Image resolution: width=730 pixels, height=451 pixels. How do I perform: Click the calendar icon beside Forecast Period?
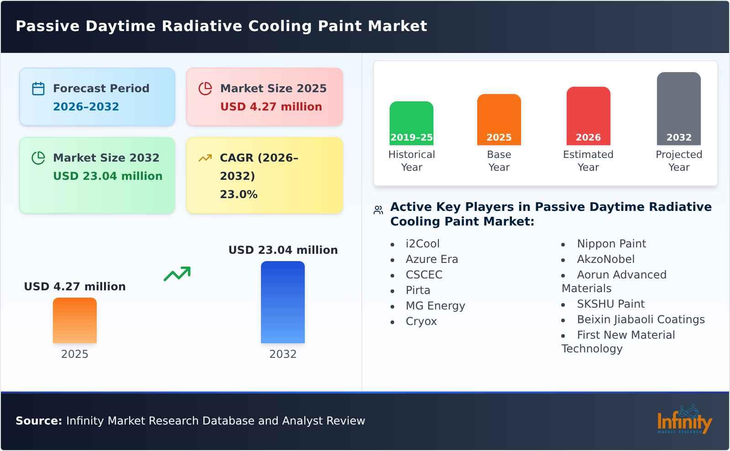pyautogui.click(x=38, y=89)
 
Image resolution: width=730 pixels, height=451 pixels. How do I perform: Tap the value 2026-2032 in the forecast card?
pyautogui.click(x=86, y=107)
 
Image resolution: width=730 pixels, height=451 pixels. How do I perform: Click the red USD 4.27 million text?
pyautogui.click(x=271, y=107)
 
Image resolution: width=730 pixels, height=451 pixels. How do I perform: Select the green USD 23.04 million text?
pyautogui.click(x=108, y=176)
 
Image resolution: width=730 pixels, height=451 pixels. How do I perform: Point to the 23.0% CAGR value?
pyautogui.click(x=239, y=194)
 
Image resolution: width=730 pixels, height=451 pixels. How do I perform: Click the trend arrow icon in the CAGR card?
pyautogui.click(x=205, y=158)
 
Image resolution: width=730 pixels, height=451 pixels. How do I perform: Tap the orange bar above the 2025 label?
pyautogui.click(x=75, y=320)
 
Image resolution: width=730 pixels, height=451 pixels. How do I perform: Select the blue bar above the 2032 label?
pyautogui.click(x=282, y=302)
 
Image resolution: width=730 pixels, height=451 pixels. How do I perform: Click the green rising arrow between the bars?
pyautogui.click(x=177, y=274)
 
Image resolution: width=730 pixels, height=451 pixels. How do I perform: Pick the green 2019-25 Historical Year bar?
pyautogui.click(x=411, y=123)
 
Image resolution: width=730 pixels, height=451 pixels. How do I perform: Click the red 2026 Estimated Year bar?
pyautogui.click(x=588, y=115)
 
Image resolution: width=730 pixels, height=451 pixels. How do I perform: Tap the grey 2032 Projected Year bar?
pyautogui.click(x=678, y=108)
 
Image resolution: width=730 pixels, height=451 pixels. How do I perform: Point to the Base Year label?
pyautogui.click(x=499, y=161)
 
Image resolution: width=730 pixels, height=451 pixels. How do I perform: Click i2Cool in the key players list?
pyautogui.click(x=422, y=244)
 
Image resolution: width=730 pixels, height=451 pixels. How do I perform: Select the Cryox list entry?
pyautogui.click(x=421, y=321)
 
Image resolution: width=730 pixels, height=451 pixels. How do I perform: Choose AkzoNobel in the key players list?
pyautogui.click(x=605, y=259)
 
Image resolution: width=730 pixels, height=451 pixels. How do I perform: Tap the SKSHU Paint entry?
pyautogui.click(x=610, y=304)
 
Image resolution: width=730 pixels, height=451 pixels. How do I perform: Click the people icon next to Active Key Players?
pyautogui.click(x=378, y=210)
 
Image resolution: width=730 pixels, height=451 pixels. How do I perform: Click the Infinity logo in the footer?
pyautogui.click(x=683, y=420)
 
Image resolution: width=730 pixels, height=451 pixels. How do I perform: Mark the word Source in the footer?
pyautogui.click(x=38, y=421)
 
